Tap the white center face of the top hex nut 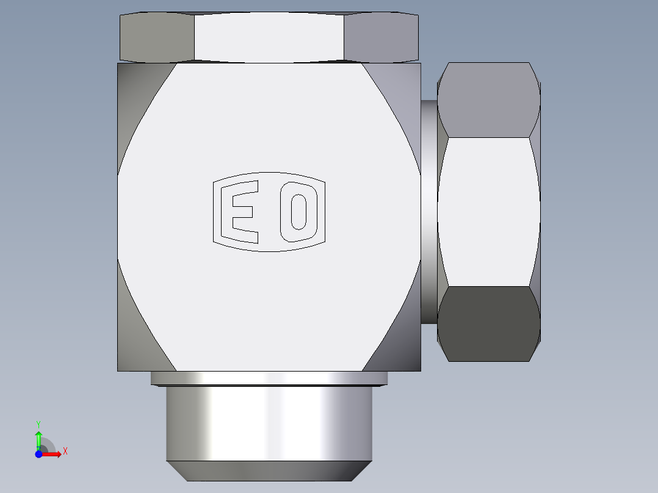(x=269, y=37)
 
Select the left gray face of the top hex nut (x=157, y=37)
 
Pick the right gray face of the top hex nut (x=382, y=37)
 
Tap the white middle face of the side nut (x=488, y=211)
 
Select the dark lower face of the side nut (x=488, y=323)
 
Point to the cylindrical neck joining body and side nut (x=428, y=211)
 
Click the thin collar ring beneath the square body (x=269, y=378)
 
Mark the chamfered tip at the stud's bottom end (x=269, y=470)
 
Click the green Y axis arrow (x=38, y=438)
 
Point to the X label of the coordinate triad (x=65, y=452)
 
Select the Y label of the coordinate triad (x=38, y=423)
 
